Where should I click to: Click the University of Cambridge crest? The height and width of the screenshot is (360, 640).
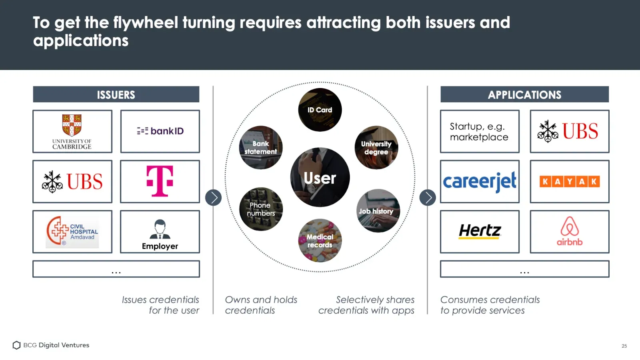(72, 125)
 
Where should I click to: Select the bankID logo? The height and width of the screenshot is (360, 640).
(160, 131)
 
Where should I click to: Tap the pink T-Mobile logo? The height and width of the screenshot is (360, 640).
(160, 181)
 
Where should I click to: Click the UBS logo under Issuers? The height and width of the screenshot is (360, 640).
(72, 182)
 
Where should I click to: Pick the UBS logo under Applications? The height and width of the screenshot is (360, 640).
(568, 131)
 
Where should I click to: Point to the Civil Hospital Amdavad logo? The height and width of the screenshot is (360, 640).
(72, 232)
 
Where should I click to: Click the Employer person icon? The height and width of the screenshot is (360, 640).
(160, 229)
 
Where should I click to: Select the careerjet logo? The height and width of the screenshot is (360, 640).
(480, 182)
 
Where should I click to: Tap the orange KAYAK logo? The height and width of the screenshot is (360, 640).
(570, 182)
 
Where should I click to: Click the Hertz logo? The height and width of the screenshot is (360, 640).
(480, 231)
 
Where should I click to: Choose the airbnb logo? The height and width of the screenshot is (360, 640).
(570, 231)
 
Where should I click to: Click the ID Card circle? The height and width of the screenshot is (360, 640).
(320, 110)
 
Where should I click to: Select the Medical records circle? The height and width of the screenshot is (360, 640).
(320, 240)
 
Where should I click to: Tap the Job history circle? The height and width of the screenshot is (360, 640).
(378, 211)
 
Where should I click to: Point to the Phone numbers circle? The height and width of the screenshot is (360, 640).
(261, 209)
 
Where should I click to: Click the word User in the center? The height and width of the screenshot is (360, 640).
(320, 178)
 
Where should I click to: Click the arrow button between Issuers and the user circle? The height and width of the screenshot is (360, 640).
(213, 198)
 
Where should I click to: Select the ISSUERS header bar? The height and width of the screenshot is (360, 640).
(116, 94)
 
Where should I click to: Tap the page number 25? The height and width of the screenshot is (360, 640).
(624, 346)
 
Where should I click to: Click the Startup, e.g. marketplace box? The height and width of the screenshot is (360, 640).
(480, 132)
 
